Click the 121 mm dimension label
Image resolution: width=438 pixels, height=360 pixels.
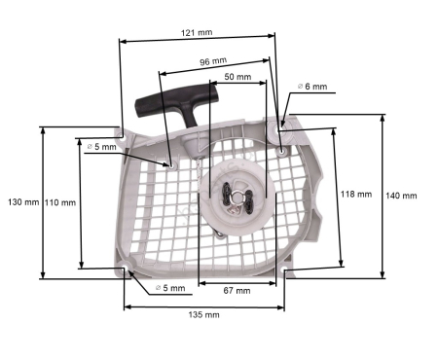coord(198,32)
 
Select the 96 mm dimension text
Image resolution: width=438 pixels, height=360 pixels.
coord(214,61)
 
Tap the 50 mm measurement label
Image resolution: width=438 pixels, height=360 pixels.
coord(237,77)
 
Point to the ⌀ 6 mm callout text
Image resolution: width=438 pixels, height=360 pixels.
coord(317,87)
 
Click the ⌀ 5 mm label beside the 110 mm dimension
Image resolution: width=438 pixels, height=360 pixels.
coord(101,147)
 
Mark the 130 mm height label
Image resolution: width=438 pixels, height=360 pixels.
coord(22,202)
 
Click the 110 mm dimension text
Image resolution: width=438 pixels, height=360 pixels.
coord(60,202)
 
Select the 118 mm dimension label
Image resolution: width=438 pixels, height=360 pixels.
coord(357,194)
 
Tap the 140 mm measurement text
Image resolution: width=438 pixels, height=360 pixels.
coord(401,196)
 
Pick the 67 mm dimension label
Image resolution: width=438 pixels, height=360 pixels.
coord(236,291)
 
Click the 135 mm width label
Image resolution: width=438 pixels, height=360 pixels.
coord(204,315)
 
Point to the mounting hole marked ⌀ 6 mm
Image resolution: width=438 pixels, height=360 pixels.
coord(281,149)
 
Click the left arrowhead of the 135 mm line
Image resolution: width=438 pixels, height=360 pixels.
coord(127,307)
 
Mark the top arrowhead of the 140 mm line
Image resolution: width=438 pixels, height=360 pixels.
coord(381,117)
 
